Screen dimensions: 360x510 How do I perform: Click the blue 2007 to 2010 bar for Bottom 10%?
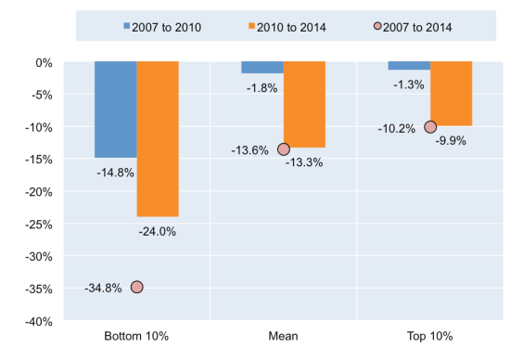point(115,109)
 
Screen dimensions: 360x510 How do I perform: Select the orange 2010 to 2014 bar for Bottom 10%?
point(158,139)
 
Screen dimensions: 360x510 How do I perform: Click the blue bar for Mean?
point(262,68)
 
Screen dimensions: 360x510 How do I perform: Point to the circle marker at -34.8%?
point(136,287)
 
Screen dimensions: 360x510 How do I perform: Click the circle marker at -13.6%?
point(284,149)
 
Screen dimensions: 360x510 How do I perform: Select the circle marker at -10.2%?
point(430,127)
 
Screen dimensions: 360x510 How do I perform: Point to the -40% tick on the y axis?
point(43,321)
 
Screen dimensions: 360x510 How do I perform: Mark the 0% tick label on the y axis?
point(47,63)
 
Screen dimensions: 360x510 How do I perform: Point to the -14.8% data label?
point(116,172)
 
